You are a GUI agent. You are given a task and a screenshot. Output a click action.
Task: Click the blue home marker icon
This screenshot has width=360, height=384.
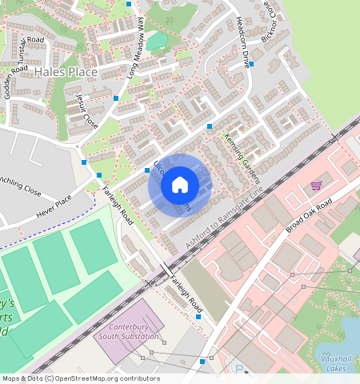point(180,186)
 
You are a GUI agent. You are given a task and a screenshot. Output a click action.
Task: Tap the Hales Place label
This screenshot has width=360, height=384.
point(66,72)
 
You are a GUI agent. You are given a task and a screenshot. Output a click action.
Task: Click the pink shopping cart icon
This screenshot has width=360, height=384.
point(316,186)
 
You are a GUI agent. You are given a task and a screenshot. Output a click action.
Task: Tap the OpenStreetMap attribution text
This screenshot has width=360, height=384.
point(81,378)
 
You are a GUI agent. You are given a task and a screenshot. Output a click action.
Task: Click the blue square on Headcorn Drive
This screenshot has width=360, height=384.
point(250,64)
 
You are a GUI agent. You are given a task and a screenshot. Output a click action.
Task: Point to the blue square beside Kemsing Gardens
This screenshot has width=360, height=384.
point(210,126)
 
